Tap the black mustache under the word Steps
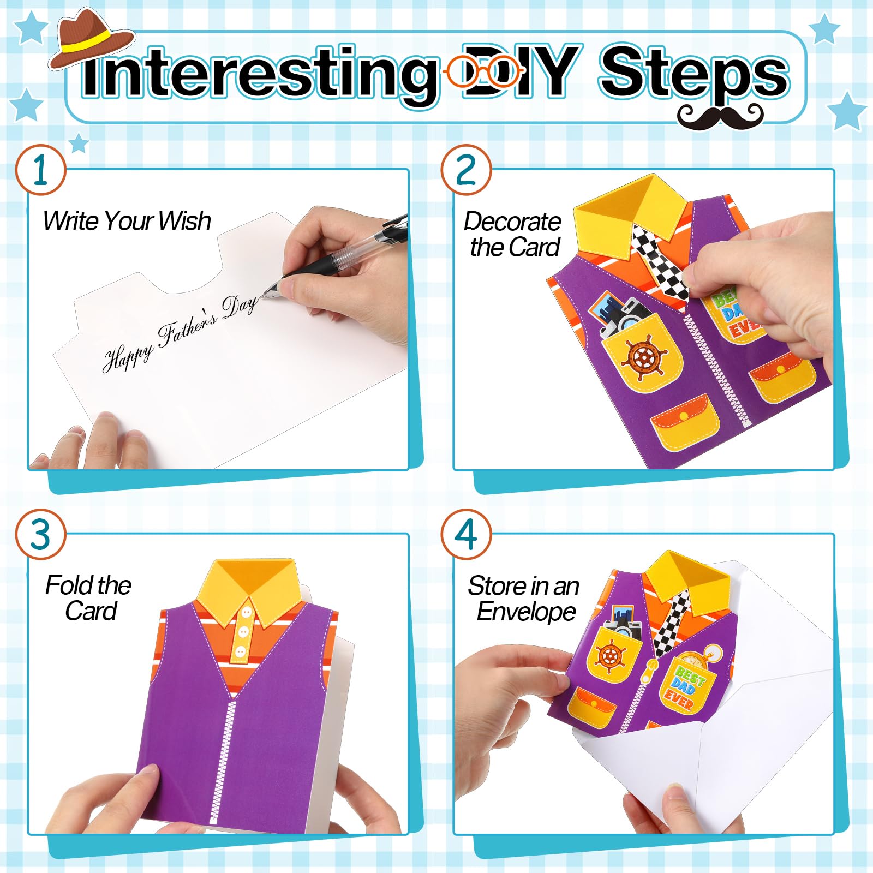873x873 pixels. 720,116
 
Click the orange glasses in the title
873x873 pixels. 483,71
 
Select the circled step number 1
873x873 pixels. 40,170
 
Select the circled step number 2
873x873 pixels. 466,170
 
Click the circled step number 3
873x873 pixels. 40,534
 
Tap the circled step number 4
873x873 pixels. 466,534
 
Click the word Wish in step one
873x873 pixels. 184,221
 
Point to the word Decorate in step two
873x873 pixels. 512,222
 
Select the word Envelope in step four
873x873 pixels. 526,612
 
